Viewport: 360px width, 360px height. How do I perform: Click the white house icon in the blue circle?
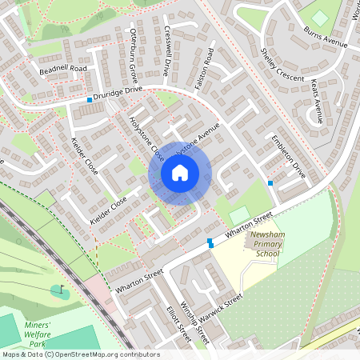click(x=180, y=172)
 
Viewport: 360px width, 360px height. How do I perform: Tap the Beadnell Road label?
click(x=62, y=70)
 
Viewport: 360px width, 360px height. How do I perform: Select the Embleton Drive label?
click(x=289, y=155)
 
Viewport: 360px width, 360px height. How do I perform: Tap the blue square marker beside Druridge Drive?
click(x=90, y=100)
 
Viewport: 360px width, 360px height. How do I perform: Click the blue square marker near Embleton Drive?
click(x=270, y=183)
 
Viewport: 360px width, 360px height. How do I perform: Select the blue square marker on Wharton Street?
click(x=210, y=241)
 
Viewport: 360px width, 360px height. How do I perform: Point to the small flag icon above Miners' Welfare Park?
click(x=62, y=288)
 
